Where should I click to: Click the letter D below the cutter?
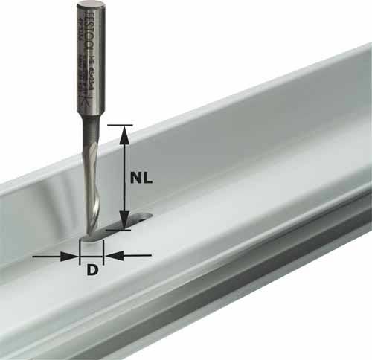click(92, 270)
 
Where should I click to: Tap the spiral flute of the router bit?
click(92, 186)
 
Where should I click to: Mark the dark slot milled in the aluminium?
click(126, 223)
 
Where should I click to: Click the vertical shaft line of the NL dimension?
click(124, 179)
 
